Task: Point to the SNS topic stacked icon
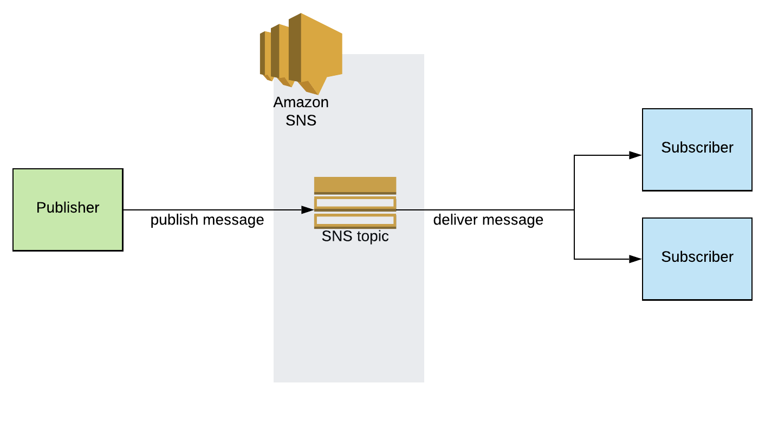355,203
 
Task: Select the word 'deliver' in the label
456,220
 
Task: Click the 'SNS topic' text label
355,236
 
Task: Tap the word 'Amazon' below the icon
301,102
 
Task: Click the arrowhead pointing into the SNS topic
308,210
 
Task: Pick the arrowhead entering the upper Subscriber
636,155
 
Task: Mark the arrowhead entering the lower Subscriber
636,259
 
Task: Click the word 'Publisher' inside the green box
68,208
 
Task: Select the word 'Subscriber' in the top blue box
697,148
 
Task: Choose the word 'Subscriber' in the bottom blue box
697,257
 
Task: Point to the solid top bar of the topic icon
355,184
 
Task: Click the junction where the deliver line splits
574,210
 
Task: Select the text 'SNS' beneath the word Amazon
301,120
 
